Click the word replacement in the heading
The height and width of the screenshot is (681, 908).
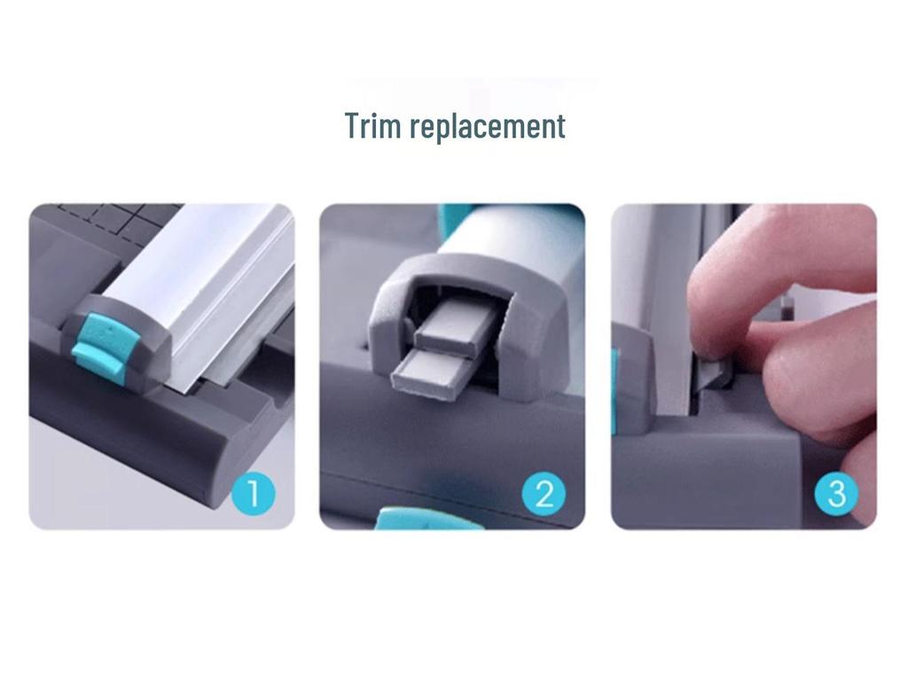pyautogui.click(x=487, y=127)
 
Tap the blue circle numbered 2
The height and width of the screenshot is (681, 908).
pyautogui.click(x=544, y=494)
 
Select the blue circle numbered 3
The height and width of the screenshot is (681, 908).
pyautogui.click(x=836, y=494)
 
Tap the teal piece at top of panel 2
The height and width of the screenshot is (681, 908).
pyautogui.click(x=450, y=218)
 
